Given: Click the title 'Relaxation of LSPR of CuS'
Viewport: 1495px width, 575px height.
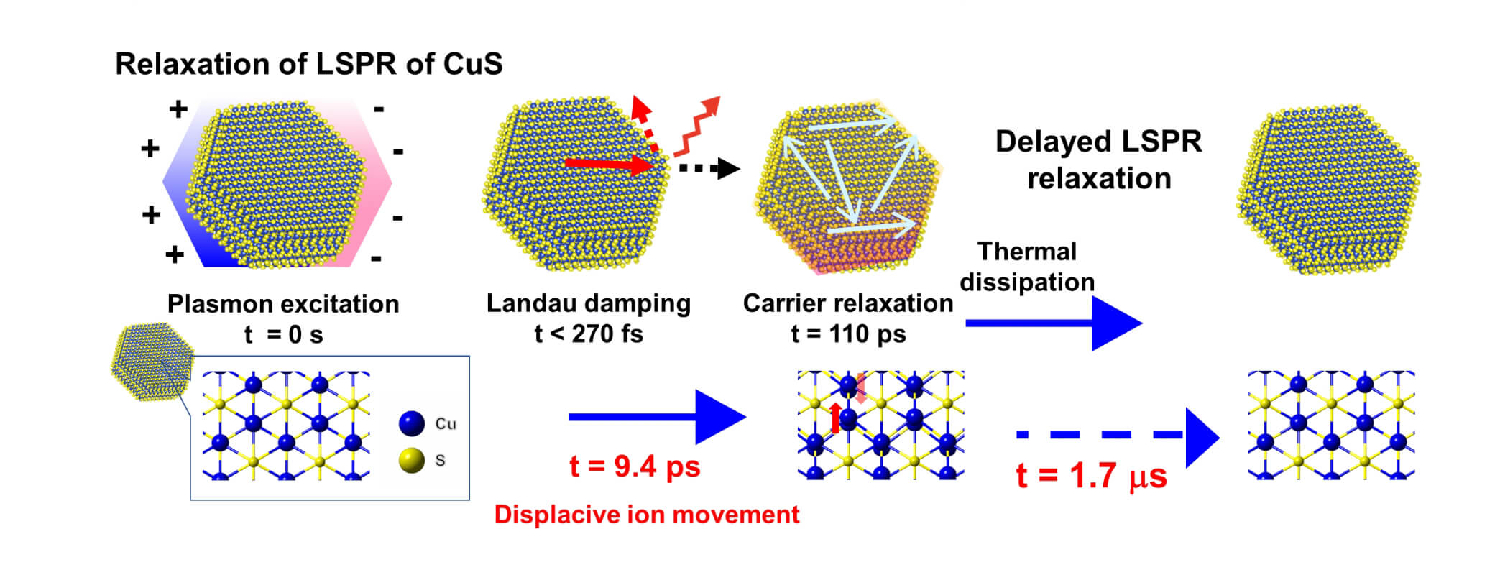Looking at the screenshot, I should [x=308, y=64].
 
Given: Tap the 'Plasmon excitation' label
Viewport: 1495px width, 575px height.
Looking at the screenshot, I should [x=283, y=304].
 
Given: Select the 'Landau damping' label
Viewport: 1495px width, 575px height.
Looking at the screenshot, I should [x=588, y=303].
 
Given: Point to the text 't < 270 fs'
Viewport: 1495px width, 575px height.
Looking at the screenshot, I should [x=588, y=334].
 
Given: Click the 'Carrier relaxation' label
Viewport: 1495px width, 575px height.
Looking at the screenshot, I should [x=848, y=303].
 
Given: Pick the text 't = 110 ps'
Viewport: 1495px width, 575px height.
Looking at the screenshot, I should [x=848, y=334].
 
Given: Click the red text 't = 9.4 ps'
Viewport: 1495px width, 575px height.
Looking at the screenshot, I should [x=634, y=467].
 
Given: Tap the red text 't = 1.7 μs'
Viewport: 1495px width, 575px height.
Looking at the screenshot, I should [x=1091, y=476].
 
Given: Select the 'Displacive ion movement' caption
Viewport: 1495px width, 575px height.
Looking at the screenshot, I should [x=646, y=515].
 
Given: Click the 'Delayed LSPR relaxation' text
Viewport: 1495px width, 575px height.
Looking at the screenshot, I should [x=1098, y=160].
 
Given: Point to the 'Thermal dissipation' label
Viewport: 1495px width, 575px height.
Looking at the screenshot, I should [x=1027, y=267].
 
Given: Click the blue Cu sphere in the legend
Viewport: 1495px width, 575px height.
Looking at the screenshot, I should [x=412, y=423].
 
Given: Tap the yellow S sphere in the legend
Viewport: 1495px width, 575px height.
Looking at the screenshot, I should [x=412, y=460].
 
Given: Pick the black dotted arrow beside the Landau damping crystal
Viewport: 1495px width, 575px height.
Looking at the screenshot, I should [x=708, y=169].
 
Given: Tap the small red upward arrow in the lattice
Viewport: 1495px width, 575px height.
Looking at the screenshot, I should [x=835, y=418].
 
